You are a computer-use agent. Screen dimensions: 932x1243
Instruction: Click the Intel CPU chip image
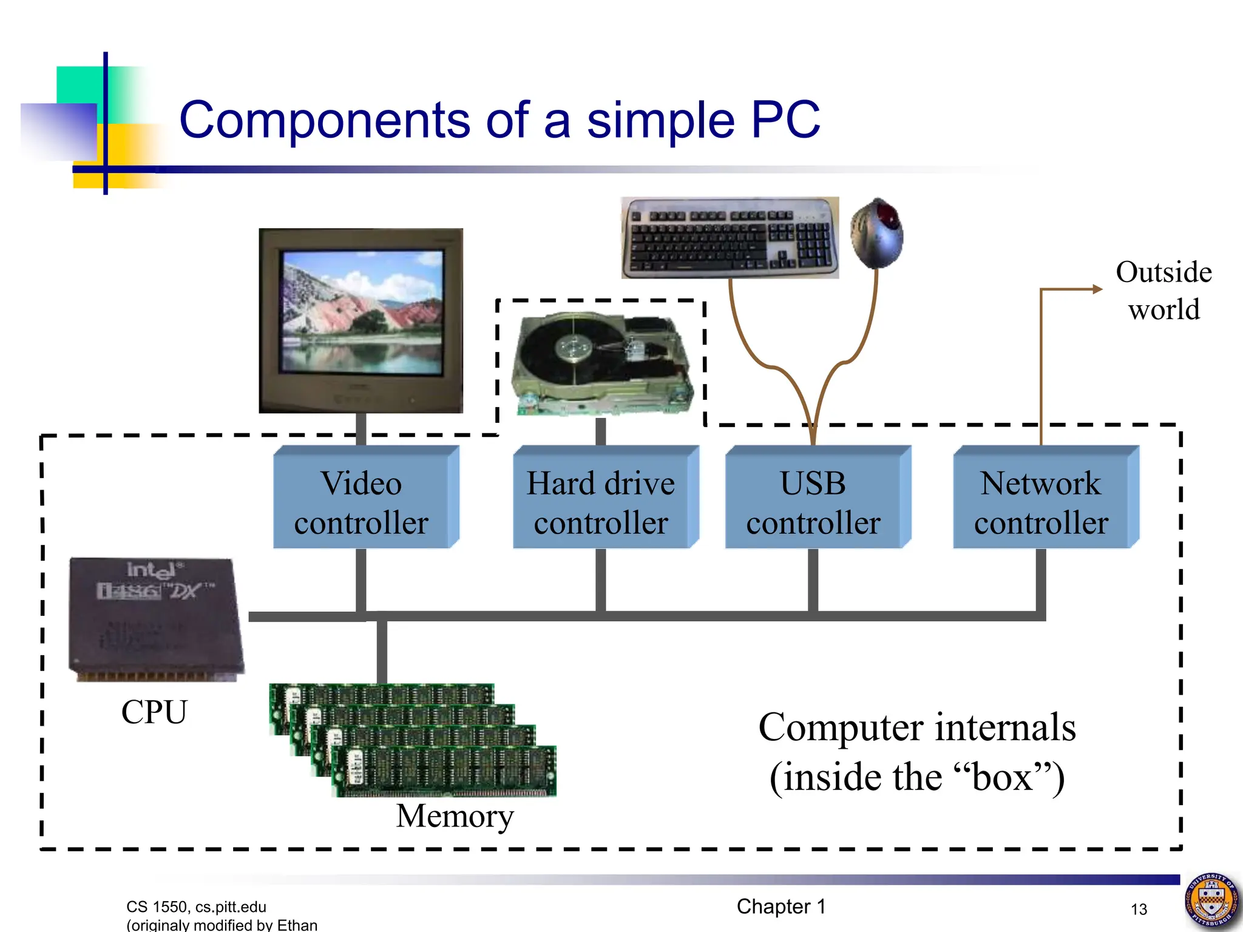pos(157,619)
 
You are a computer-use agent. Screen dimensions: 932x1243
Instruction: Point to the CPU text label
pos(154,712)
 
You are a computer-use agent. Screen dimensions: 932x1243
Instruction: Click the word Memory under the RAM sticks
pos(455,815)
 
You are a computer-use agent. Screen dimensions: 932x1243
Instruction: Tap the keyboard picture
pos(730,238)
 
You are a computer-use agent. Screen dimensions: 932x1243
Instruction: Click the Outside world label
pos(1163,291)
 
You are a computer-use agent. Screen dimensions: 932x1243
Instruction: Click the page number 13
pos(1139,909)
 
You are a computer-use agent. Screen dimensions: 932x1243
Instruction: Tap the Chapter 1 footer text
pos(781,907)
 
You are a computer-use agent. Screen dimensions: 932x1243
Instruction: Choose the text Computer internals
pos(916,728)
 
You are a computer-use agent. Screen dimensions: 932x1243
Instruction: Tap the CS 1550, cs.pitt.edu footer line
pos(196,907)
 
